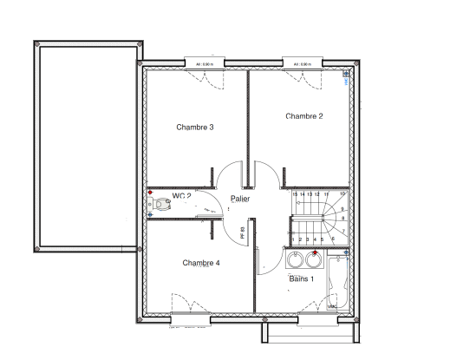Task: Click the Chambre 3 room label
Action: coord(195,128)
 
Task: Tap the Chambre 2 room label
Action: coord(303,116)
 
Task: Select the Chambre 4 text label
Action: coord(200,262)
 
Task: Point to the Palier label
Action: coord(240,199)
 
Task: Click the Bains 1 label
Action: coord(301,278)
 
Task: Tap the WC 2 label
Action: coord(181,195)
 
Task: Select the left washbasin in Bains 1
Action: coord(296,259)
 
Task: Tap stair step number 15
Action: coord(295,194)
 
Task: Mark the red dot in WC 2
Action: coord(151,193)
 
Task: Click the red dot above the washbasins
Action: coord(315,252)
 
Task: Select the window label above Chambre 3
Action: coord(205,64)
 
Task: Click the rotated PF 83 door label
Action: coord(243,232)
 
